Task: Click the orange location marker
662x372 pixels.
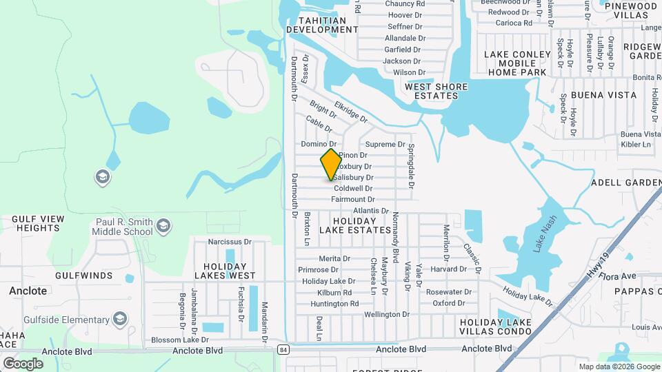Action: [x=331, y=164]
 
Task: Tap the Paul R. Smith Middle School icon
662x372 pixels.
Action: [x=163, y=226]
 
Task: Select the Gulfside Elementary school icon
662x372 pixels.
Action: [x=121, y=318]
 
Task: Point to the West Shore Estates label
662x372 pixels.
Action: [x=436, y=91]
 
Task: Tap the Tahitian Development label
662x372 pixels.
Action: [x=321, y=25]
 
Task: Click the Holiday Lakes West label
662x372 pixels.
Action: [x=230, y=270]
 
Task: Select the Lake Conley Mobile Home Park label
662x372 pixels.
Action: [x=516, y=63]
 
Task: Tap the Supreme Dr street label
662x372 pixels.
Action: [x=385, y=144]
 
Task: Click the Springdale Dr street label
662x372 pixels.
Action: [x=410, y=166]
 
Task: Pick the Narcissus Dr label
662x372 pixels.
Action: [x=230, y=242]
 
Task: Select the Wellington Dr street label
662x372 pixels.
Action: [x=387, y=314]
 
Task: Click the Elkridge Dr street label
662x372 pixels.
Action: [x=352, y=110]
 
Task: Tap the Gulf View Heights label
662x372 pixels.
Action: [x=39, y=223]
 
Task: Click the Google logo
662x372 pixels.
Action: [x=23, y=363]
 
